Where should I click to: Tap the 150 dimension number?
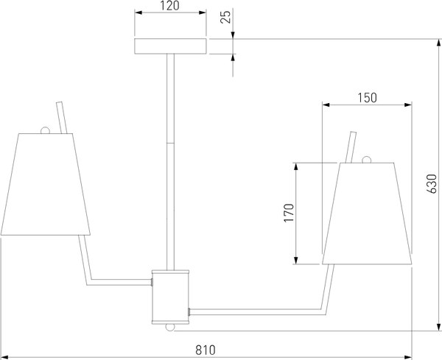[x=366, y=97]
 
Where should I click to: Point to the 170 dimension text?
[x=290, y=212]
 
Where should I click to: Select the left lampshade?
[x=44, y=184]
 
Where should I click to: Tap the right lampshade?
[x=366, y=213]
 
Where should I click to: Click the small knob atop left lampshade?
[x=46, y=130]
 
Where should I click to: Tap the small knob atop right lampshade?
[x=366, y=160]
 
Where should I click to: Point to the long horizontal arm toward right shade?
[x=258, y=311]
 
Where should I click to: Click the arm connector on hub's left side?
[x=151, y=280]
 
